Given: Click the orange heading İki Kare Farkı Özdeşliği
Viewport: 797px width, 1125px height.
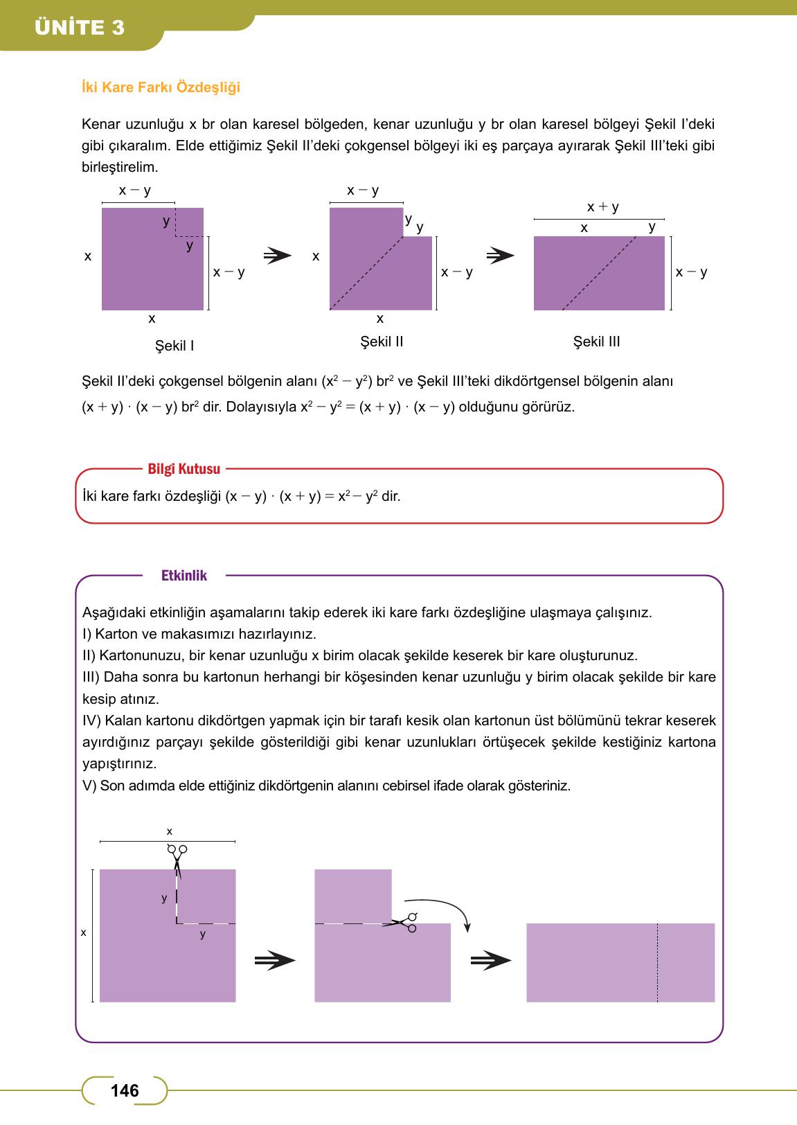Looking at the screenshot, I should [161, 88].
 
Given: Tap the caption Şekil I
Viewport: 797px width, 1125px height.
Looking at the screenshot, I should [174, 345].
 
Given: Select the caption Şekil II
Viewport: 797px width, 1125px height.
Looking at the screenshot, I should [382, 342].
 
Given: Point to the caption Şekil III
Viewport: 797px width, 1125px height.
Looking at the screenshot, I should [596, 342].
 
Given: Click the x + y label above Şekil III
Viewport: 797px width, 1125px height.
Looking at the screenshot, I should [602, 206].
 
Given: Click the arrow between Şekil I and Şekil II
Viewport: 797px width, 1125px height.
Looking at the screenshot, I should [278, 256].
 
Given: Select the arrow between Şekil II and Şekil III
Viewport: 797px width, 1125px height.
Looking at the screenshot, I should [500, 256].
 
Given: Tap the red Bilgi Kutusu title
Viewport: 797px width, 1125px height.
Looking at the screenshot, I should [183, 469].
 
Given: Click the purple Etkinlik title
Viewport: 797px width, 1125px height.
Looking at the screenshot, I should [183, 576].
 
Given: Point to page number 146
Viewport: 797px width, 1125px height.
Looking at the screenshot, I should [125, 1090].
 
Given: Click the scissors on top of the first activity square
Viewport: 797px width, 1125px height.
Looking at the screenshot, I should [177, 857].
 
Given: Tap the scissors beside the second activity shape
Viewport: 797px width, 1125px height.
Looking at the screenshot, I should [404, 922].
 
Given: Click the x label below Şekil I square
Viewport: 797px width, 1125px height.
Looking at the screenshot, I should [152, 319].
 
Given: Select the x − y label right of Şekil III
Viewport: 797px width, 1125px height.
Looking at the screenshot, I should [692, 272].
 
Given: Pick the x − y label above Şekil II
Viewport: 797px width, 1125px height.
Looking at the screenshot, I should [363, 191].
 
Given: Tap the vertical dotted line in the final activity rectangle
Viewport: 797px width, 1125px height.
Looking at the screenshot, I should [657, 963].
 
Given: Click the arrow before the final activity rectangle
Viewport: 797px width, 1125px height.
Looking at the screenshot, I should [490, 961].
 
